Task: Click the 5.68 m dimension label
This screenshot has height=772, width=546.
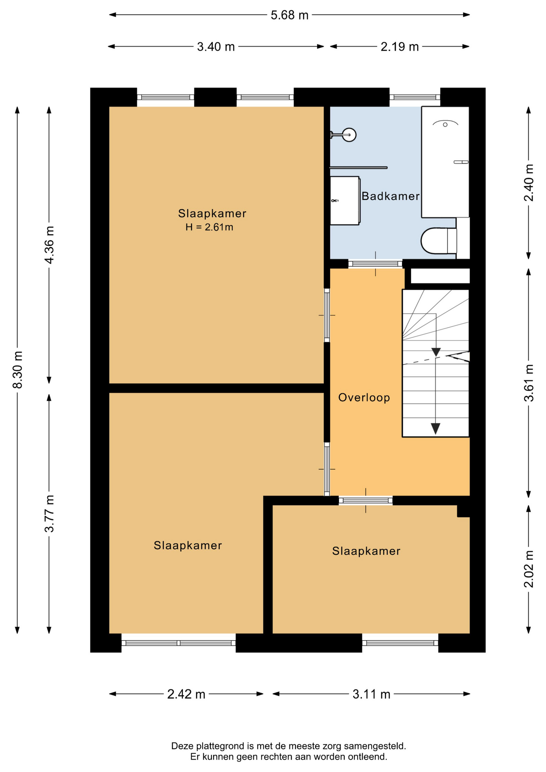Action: [x=289, y=15]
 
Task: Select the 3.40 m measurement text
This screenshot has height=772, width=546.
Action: [x=216, y=47]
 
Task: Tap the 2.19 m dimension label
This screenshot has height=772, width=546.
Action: [x=400, y=47]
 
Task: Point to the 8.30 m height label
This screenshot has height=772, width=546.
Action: [x=18, y=370]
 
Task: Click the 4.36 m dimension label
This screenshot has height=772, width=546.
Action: [x=49, y=245]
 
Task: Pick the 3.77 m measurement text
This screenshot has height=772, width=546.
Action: [x=49, y=514]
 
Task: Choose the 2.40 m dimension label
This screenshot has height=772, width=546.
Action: [x=529, y=183]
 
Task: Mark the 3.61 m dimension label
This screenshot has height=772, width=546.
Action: [x=529, y=383]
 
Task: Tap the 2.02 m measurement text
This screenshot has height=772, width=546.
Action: [x=529, y=569]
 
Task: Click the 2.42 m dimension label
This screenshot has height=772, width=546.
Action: [x=186, y=694]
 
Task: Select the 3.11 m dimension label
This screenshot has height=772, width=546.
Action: [x=372, y=694]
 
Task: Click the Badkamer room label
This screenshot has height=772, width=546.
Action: [x=390, y=196]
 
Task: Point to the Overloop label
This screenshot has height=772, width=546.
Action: [x=364, y=398]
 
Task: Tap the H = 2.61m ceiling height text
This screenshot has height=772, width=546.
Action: [x=209, y=227]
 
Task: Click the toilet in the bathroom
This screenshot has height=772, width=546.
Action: [x=439, y=241]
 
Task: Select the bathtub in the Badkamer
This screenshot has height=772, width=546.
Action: [x=445, y=162]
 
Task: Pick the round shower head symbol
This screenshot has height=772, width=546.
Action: [x=349, y=135]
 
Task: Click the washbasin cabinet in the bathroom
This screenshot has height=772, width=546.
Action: [x=345, y=201]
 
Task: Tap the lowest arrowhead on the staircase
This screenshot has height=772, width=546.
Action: [x=435, y=429]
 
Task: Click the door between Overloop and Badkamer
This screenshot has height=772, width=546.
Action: [x=376, y=264]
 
